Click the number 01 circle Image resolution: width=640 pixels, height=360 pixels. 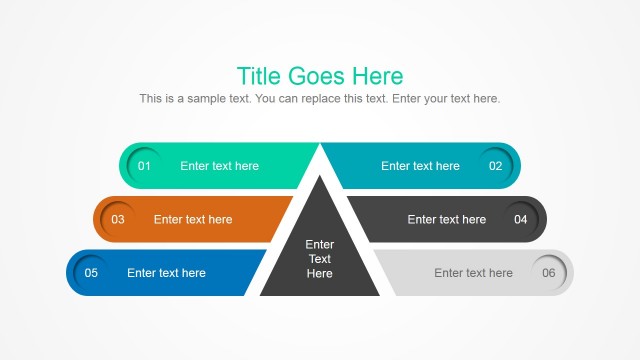click(x=144, y=166)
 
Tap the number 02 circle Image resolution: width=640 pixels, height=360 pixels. click(x=495, y=166)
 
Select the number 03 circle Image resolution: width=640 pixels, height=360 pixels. click(x=118, y=219)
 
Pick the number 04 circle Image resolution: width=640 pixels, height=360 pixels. click(x=521, y=219)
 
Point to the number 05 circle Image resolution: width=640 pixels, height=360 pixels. click(x=91, y=273)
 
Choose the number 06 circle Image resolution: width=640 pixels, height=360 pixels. click(x=548, y=273)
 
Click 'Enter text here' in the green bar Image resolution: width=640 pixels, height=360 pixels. click(x=219, y=166)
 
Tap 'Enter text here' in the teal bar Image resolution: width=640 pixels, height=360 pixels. click(x=420, y=166)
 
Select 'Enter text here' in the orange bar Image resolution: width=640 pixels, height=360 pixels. click(x=193, y=219)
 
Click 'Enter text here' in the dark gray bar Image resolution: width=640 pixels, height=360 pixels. click(x=446, y=219)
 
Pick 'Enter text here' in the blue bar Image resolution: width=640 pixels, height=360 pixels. click(x=166, y=273)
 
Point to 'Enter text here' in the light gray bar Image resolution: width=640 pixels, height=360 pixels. click(x=473, y=273)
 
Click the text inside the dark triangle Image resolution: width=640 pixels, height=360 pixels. click(x=320, y=259)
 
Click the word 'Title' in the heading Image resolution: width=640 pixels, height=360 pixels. click(x=259, y=76)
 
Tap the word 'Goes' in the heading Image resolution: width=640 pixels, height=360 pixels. click(x=317, y=76)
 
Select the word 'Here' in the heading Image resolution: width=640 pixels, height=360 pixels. click(x=378, y=76)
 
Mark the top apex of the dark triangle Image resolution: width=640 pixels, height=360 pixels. click(x=320, y=177)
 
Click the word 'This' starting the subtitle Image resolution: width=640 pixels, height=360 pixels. click(x=151, y=99)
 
